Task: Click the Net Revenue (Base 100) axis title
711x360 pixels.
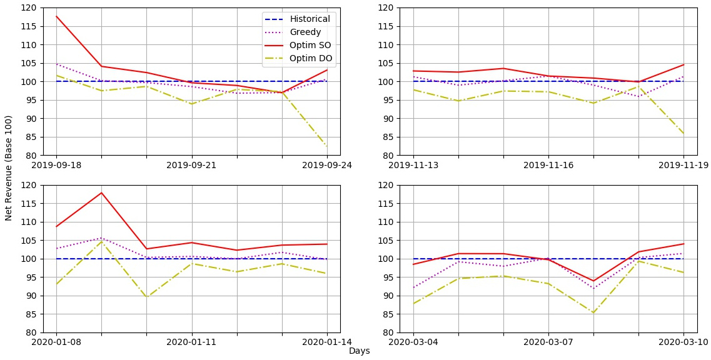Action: (9, 167)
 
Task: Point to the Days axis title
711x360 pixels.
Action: (359, 351)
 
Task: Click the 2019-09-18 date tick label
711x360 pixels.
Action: (56, 165)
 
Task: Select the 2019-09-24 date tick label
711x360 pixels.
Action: (327, 165)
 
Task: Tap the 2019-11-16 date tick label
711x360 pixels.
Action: (548, 165)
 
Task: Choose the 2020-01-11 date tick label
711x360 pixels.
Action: (192, 342)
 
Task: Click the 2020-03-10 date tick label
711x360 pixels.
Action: (683, 342)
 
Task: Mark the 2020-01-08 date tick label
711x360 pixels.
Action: (56, 342)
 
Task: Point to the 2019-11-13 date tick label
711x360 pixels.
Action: (413, 165)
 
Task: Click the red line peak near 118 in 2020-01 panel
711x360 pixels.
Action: (101, 192)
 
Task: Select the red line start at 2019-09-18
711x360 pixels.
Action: (56, 16)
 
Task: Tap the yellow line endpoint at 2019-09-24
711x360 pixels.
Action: (327, 147)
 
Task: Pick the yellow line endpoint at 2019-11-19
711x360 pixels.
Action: (683, 133)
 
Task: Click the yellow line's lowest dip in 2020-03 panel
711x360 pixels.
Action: (593, 313)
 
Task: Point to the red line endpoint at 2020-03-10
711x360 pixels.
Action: (683, 244)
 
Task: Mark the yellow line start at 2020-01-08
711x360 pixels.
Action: (56, 284)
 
